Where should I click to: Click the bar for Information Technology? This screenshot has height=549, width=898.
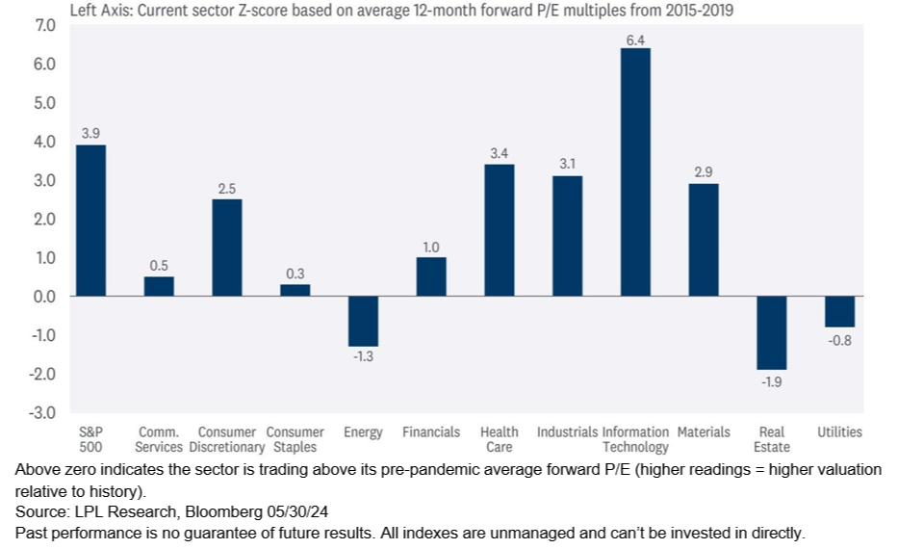(635, 171)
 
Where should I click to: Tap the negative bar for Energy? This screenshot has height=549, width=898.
(363, 321)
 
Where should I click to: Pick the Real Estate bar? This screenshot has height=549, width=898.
(771, 332)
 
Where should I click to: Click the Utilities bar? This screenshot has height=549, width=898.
(839, 311)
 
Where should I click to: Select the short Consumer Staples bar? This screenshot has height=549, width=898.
(295, 290)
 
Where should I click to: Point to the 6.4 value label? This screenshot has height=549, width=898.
(635, 38)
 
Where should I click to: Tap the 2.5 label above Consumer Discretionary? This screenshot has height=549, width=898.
(226, 189)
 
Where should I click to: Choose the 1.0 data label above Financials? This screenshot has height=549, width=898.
(431, 248)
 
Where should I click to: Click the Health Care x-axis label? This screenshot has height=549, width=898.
(499, 439)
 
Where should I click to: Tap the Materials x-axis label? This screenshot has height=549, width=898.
(704, 432)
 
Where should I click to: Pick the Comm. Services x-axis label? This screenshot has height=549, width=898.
(159, 439)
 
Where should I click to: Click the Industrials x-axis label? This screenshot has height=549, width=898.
(567, 432)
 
